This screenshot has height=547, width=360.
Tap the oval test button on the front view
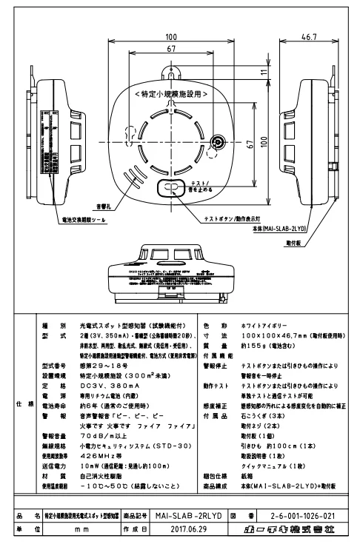point(170,189)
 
